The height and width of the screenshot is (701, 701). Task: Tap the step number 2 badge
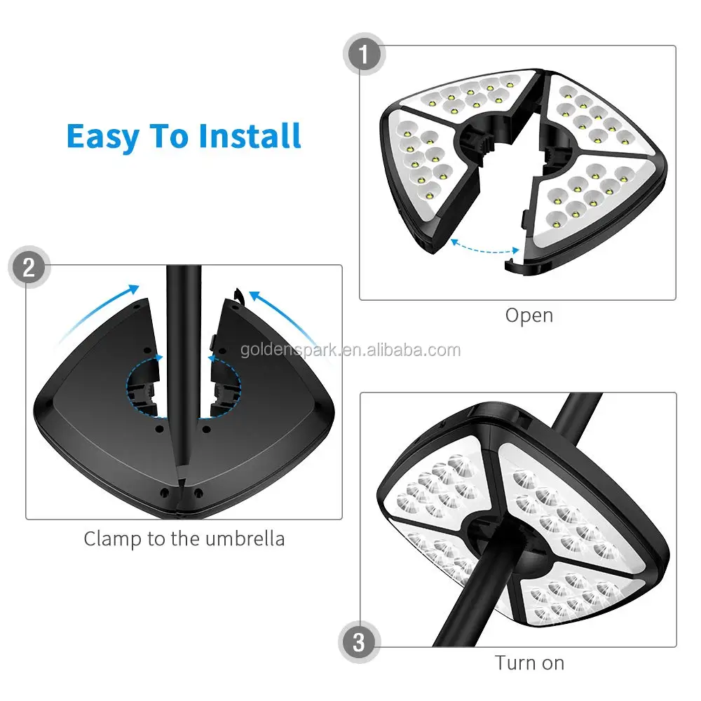(x=28, y=268)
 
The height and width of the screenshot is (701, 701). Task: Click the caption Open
(x=529, y=315)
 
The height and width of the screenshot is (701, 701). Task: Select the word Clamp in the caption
(x=113, y=539)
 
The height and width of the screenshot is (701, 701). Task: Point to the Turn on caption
(x=529, y=662)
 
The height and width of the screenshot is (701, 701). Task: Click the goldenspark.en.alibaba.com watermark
(x=350, y=350)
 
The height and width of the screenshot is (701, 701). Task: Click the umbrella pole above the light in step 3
(x=575, y=417)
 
